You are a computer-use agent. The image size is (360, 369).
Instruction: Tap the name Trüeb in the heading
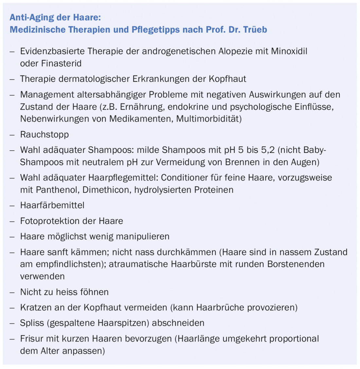coord(255,29)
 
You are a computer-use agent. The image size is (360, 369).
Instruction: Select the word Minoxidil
coord(289,51)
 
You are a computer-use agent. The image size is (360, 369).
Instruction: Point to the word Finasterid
coord(61,64)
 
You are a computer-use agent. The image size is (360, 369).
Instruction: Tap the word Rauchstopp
coord(45,134)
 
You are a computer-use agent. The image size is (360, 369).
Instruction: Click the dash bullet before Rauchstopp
coord(12,134)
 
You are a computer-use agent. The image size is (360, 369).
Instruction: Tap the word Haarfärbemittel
coord(52,205)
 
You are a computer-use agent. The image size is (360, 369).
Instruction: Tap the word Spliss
coord(32,323)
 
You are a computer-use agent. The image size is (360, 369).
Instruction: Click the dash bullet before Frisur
coord(12,339)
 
